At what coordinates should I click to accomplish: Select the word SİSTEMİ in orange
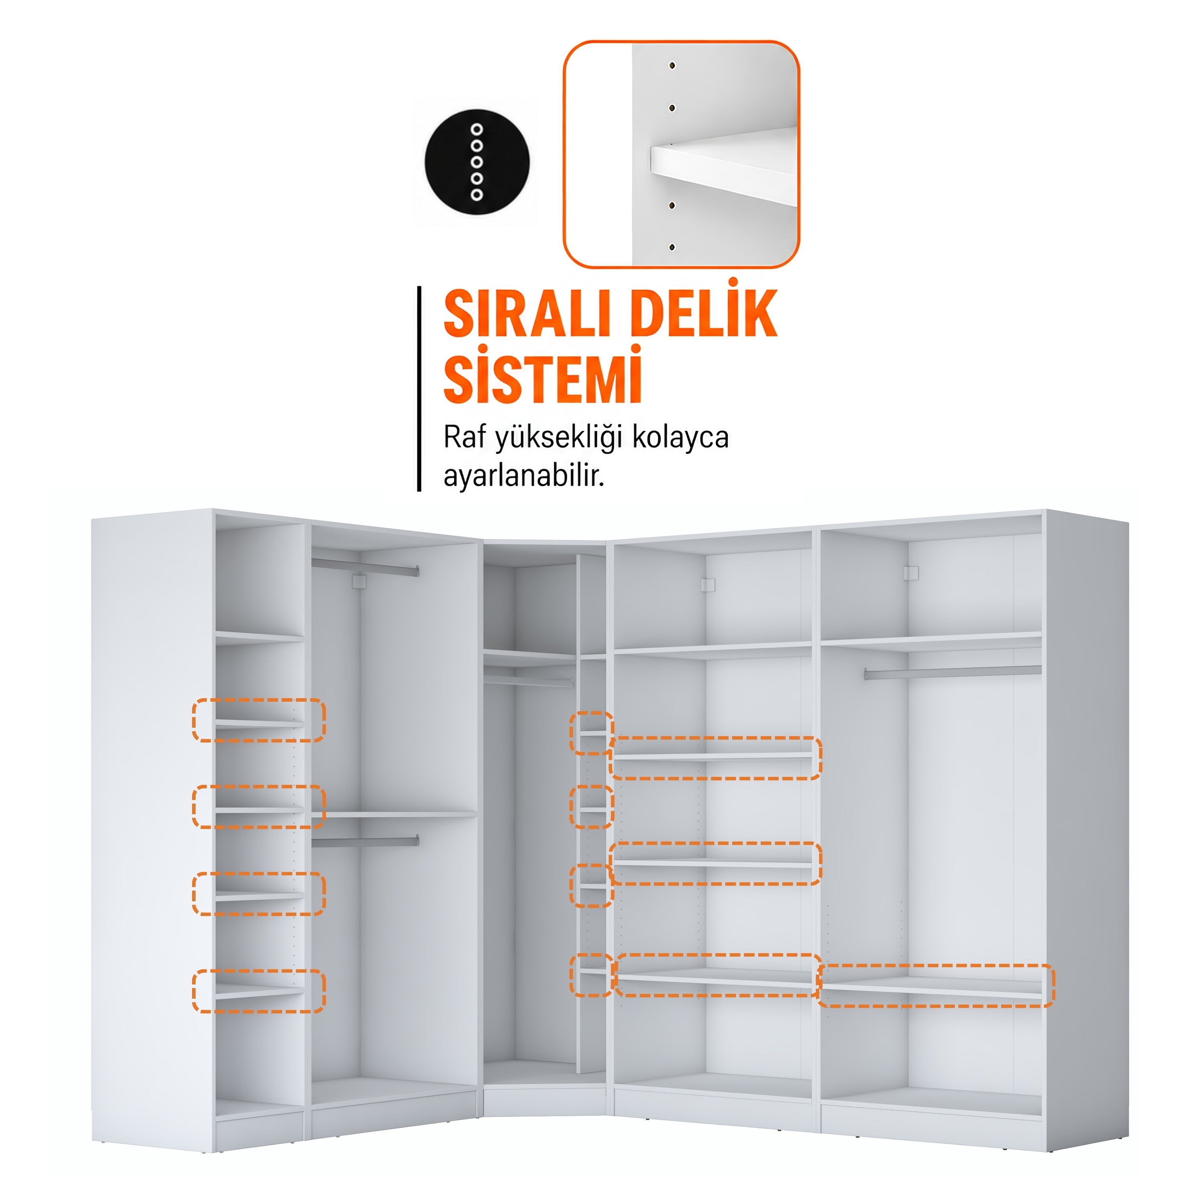point(543,375)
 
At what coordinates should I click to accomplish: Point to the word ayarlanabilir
point(524,475)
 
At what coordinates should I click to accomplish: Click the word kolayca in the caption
point(680,438)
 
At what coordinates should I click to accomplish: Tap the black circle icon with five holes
point(476,162)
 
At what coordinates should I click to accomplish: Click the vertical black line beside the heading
point(419,388)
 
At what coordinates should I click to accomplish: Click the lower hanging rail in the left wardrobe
point(365,841)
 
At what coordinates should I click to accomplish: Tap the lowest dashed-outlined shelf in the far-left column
point(259,991)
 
